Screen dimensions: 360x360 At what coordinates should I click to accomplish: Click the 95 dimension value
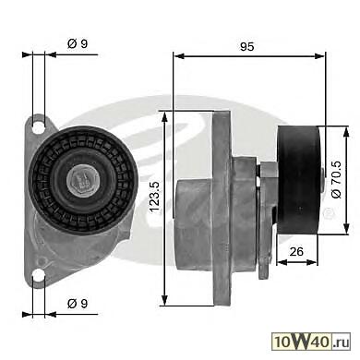[247, 46]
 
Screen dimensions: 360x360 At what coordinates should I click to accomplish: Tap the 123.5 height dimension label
[154, 198]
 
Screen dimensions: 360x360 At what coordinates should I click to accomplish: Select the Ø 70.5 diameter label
[337, 180]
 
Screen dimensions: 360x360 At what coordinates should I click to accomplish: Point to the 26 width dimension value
[296, 251]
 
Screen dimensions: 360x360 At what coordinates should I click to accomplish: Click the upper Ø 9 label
[78, 43]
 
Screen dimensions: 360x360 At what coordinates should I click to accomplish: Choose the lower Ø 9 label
[78, 304]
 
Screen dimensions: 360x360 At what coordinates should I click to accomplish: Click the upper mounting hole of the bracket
[39, 127]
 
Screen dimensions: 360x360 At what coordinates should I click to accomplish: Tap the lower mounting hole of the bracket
[39, 274]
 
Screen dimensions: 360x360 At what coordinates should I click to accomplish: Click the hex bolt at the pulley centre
[82, 180]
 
